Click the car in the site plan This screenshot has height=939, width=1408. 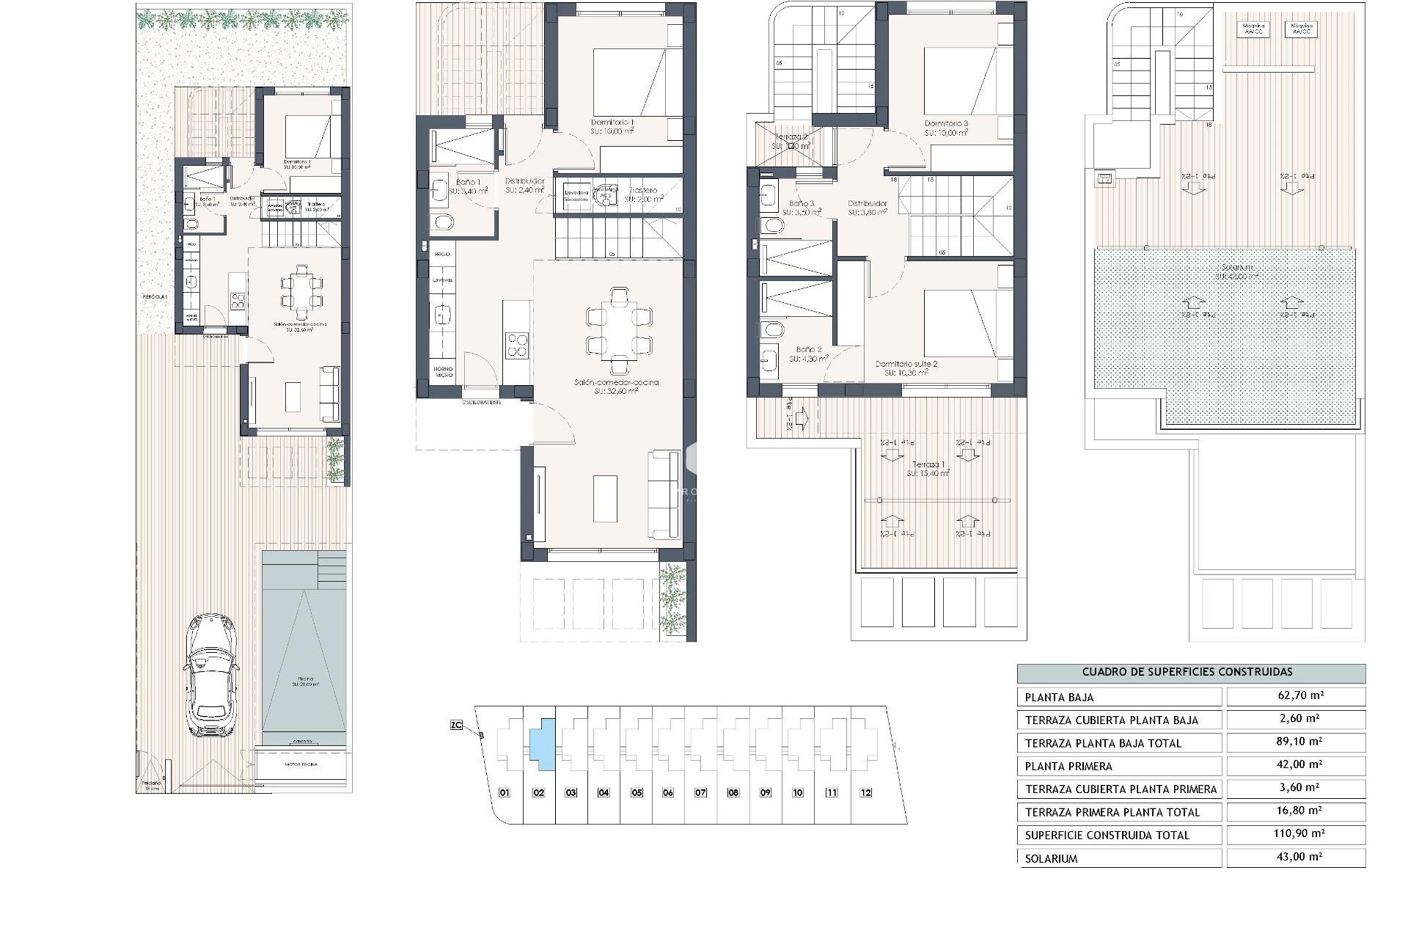click(x=213, y=675)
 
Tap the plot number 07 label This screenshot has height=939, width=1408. click(x=701, y=792)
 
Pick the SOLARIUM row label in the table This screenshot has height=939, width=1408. click(x=1051, y=858)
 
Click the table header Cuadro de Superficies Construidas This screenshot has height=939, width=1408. click(x=1190, y=672)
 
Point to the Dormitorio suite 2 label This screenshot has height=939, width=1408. click(x=906, y=364)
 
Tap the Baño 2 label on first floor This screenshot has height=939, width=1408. click(x=810, y=350)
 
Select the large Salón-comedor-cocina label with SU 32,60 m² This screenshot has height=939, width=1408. click(x=616, y=383)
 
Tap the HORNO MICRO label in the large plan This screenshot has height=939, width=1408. click(x=443, y=372)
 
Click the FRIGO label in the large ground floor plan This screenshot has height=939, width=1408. click(x=441, y=254)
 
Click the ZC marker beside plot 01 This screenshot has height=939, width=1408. click(x=456, y=725)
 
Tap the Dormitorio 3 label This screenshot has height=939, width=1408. click(x=946, y=123)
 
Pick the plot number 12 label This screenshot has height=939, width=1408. click(x=866, y=792)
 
